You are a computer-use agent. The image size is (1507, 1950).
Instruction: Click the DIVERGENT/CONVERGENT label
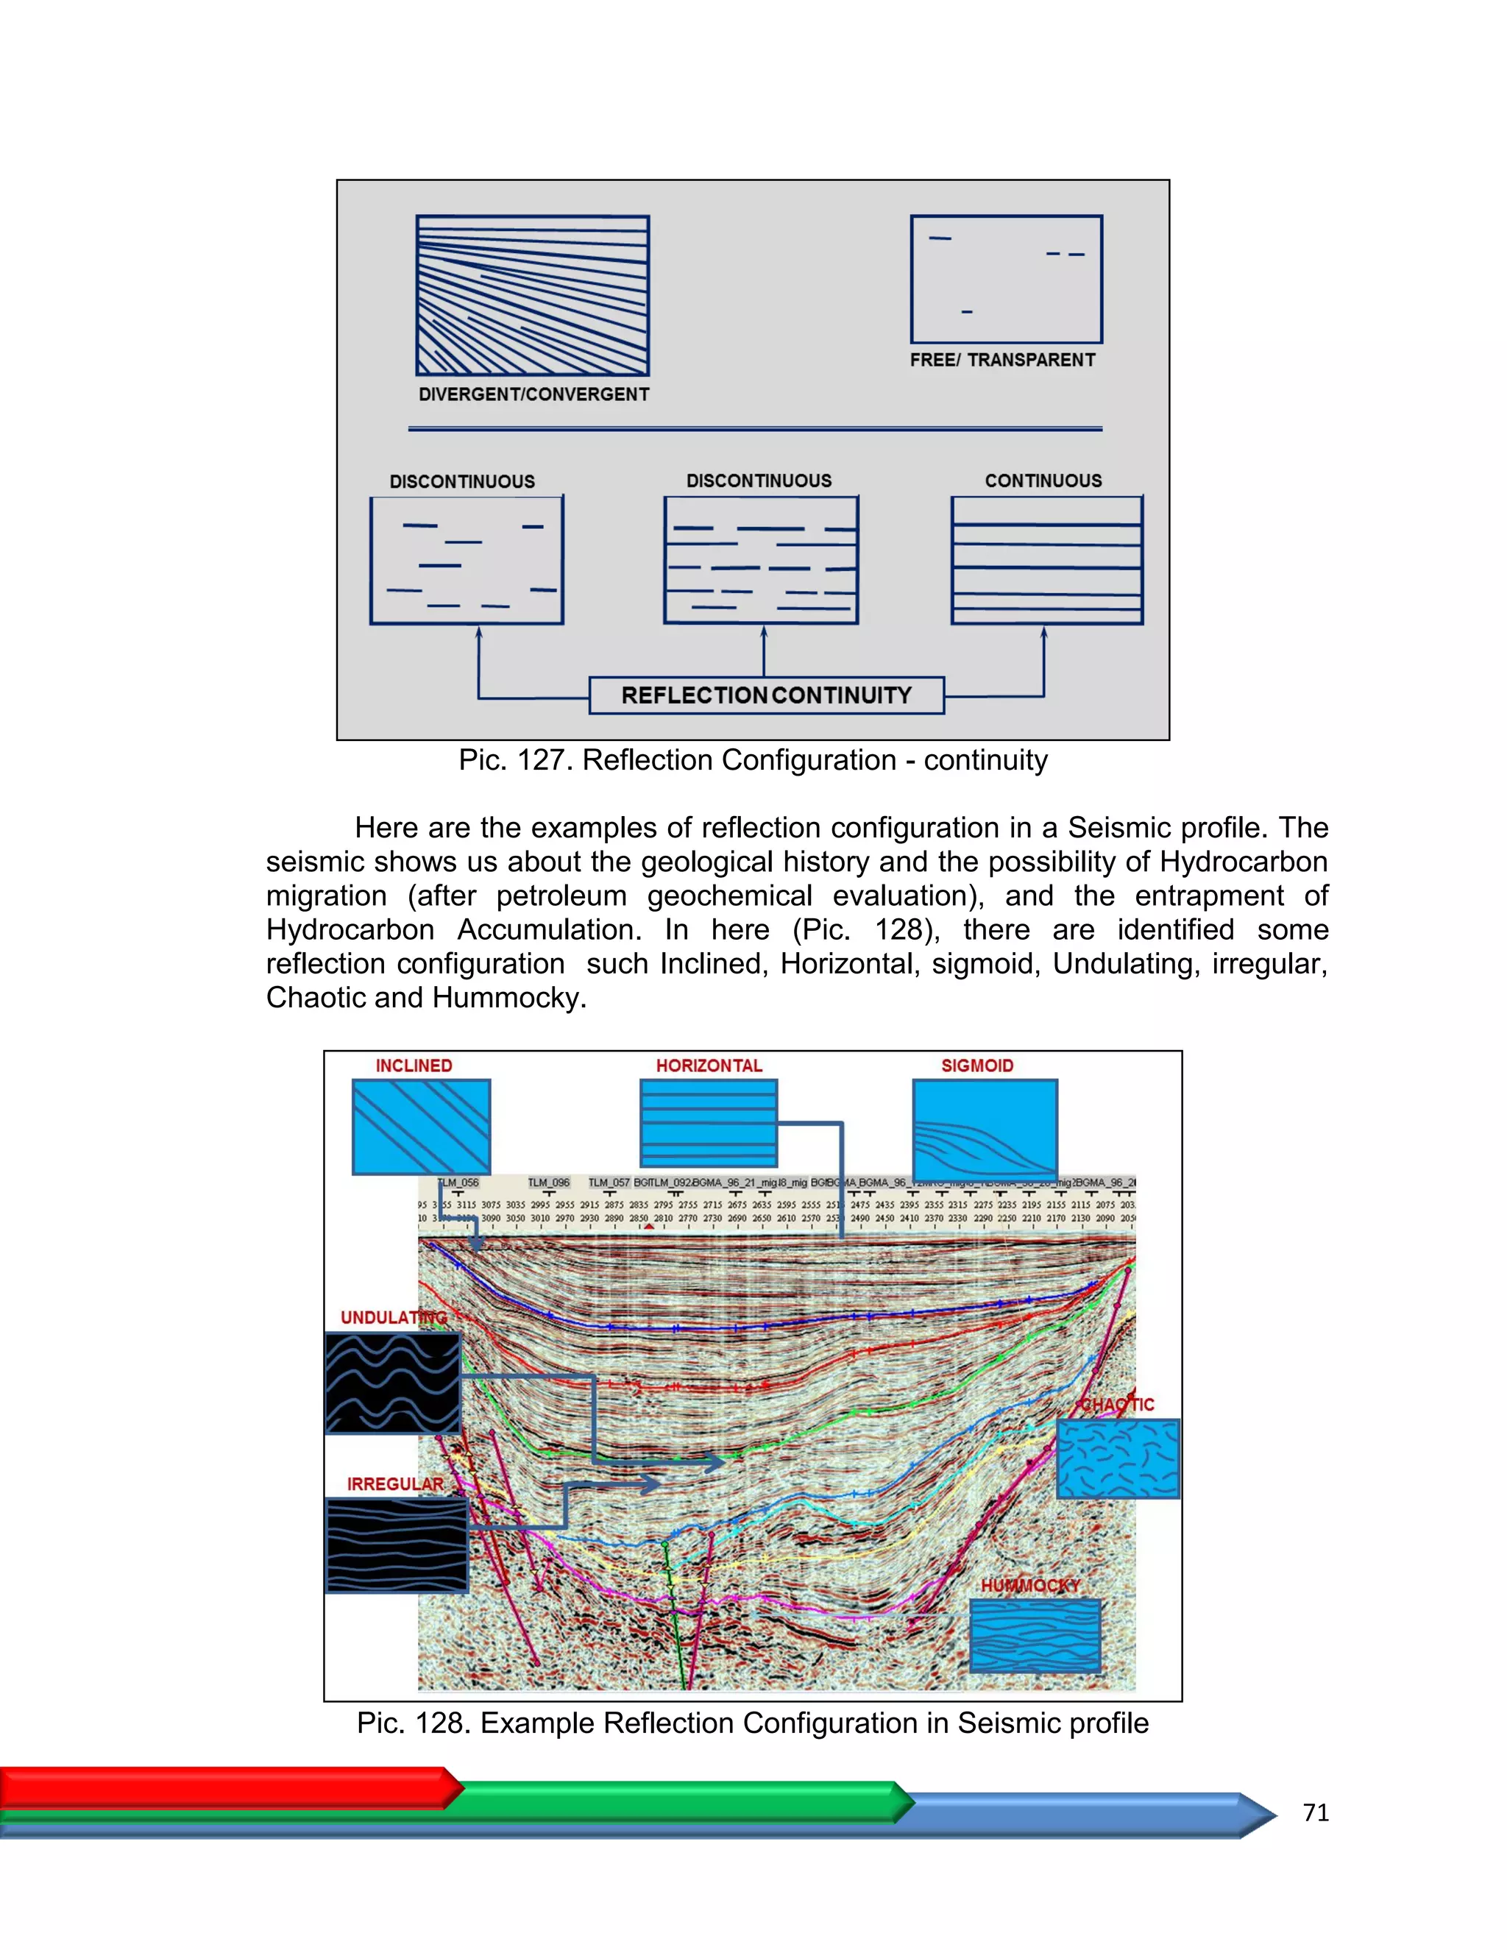coord(534,394)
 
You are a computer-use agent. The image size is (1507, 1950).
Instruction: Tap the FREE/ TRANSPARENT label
coord(1001,360)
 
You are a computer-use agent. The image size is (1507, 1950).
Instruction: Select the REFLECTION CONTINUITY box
coord(766,695)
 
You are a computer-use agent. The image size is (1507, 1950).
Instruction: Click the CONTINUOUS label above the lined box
coord(1043,481)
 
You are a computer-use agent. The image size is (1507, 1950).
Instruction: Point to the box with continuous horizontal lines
coord(1046,560)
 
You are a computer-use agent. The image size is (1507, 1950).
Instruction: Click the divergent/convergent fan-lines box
coord(532,296)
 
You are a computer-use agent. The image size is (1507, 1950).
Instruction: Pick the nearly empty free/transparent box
coord(1006,279)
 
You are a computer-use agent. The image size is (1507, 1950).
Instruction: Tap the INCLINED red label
coord(414,1066)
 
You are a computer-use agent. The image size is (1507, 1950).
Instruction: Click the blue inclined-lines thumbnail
coord(422,1126)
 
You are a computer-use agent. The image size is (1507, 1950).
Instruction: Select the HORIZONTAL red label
coord(709,1066)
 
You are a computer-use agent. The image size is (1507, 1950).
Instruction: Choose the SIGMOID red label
coord(976,1066)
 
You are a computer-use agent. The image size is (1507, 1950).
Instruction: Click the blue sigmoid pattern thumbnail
coord(985,1129)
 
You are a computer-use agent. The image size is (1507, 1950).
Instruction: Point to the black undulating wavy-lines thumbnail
coord(393,1383)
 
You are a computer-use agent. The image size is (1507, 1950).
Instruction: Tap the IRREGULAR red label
coord(394,1484)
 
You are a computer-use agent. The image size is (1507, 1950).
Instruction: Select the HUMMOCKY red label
coord(1030,1585)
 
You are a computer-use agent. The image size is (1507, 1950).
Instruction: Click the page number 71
coord(1315,1812)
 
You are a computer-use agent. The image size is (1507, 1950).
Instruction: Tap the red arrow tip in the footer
coord(455,1787)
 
